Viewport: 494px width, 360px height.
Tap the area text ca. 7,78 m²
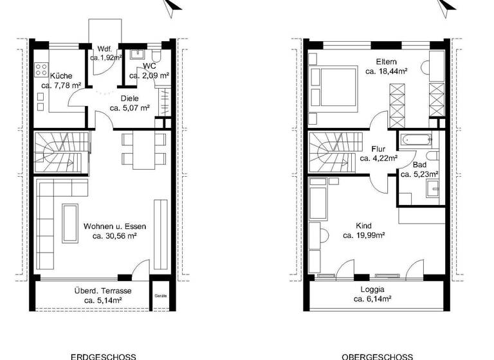click(61, 85)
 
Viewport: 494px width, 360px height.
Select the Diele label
click(129, 98)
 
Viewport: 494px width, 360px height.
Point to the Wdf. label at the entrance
click(105, 48)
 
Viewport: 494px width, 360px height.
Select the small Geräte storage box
click(160, 296)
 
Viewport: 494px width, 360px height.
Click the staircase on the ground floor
click(58, 152)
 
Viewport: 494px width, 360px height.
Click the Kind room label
click(363, 226)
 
